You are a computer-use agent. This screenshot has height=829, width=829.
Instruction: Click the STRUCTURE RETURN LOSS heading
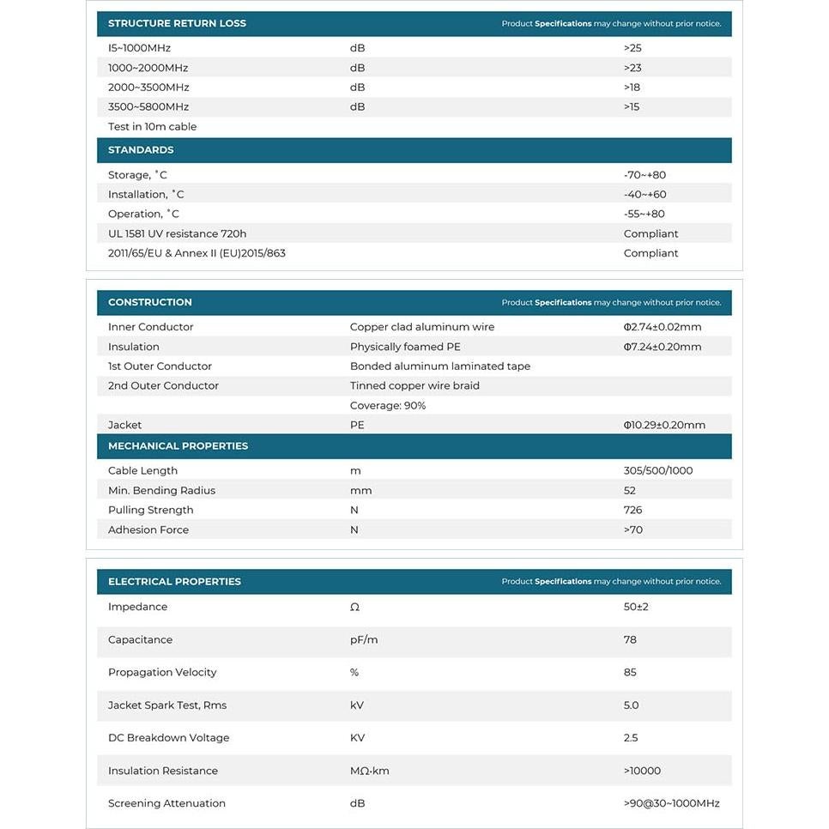(x=177, y=23)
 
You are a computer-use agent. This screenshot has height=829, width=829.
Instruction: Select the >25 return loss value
(x=632, y=48)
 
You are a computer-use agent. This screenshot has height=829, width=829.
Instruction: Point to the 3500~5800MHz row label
(x=148, y=107)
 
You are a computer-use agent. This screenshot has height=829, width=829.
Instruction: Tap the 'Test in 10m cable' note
(x=152, y=127)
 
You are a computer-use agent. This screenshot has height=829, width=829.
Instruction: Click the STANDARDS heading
(x=141, y=150)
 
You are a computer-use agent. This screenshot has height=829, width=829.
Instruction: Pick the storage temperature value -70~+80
(x=644, y=175)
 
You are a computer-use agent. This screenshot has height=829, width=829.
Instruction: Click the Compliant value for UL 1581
(x=650, y=234)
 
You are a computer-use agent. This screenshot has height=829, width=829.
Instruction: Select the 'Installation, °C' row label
(x=146, y=195)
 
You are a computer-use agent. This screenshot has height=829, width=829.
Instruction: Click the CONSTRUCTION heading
(x=150, y=302)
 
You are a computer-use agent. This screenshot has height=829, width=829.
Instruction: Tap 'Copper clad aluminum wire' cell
(x=422, y=327)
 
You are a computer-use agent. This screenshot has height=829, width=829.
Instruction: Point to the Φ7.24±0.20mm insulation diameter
(x=663, y=347)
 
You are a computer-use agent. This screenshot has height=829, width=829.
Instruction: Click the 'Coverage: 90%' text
(x=388, y=406)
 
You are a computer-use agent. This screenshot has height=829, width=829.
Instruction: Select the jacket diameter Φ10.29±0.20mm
(x=664, y=426)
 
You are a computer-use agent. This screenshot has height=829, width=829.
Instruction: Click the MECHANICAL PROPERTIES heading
(x=178, y=446)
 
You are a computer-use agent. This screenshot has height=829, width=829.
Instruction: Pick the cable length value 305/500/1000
(x=658, y=471)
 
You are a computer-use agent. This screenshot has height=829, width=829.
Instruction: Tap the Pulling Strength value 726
(x=633, y=511)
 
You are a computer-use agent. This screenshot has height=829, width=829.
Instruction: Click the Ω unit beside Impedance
(x=354, y=608)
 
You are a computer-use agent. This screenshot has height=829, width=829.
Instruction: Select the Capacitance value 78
(x=630, y=640)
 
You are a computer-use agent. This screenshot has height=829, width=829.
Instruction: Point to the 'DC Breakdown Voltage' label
(x=169, y=738)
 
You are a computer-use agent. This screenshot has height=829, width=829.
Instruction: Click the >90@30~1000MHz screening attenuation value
(x=672, y=804)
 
